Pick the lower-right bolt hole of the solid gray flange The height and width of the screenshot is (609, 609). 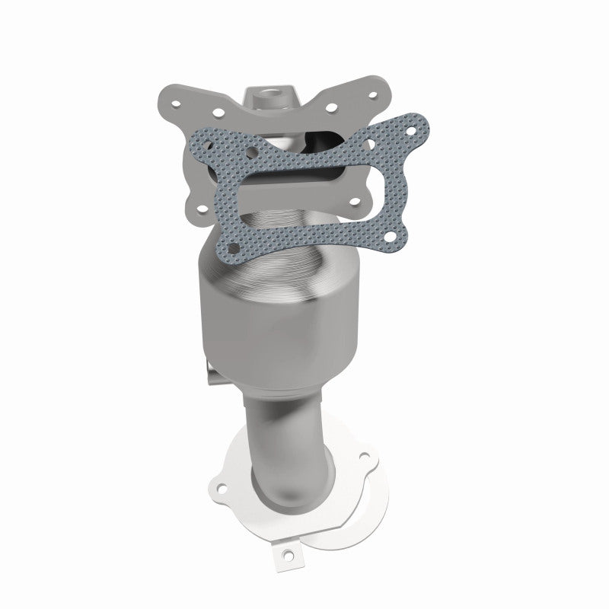click(354, 202)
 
